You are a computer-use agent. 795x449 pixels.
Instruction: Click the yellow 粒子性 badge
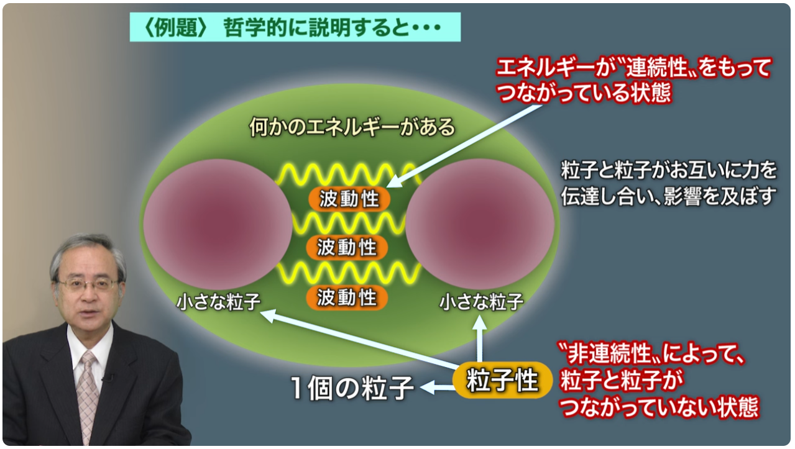pyautogui.click(x=502, y=380)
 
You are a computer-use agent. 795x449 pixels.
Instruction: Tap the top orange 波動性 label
pyautogui.click(x=349, y=199)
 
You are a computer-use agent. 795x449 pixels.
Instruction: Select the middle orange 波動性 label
pyautogui.click(x=347, y=247)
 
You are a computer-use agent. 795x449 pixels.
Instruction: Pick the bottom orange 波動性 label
pyautogui.click(x=347, y=297)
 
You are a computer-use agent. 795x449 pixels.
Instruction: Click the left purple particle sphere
pyautogui.click(x=218, y=224)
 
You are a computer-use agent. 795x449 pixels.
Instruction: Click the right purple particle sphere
pyautogui.click(x=480, y=224)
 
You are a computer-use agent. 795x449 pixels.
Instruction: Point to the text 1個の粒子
pyautogui.click(x=352, y=388)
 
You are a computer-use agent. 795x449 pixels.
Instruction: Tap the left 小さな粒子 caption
pyautogui.click(x=219, y=302)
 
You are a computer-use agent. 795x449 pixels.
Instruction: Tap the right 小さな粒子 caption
pyautogui.click(x=481, y=302)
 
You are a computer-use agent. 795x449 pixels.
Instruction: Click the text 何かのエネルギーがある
pyautogui.click(x=352, y=127)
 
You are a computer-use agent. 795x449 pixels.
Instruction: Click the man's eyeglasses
pyautogui.click(x=88, y=284)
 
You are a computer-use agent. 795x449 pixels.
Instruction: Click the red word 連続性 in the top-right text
pyautogui.click(x=657, y=68)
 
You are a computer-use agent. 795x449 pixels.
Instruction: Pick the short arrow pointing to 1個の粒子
pyautogui.click(x=436, y=387)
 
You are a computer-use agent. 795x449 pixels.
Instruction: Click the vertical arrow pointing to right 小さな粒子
pyautogui.click(x=479, y=338)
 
